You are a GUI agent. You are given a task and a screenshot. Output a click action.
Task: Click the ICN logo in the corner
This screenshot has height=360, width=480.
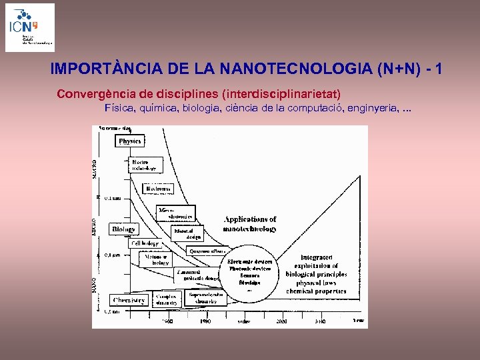pyautogui.click(x=30, y=27)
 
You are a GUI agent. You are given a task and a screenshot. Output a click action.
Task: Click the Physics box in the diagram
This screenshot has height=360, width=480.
pyautogui.click(x=130, y=141)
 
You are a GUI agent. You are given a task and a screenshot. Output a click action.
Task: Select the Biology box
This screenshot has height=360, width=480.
pyautogui.click(x=123, y=229)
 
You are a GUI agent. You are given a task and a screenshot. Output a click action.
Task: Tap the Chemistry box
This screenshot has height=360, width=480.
pyautogui.click(x=129, y=300)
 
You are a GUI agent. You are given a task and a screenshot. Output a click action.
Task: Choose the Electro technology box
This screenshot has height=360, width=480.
pyautogui.click(x=145, y=165)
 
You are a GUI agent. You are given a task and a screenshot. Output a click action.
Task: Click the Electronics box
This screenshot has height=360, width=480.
pyautogui.click(x=159, y=189)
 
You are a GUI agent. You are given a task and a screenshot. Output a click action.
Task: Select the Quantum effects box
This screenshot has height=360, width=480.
pyautogui.click(x=207, y=251)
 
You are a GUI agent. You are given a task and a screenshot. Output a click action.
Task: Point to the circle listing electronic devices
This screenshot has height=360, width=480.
pyautogui.click(x=249, y=273)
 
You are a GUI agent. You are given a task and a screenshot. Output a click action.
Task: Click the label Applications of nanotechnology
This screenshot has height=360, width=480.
pyautogui.click(x=250, y=224)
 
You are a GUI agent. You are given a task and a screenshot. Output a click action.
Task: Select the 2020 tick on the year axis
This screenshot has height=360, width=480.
pyautogui.click(x=281, y=321)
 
